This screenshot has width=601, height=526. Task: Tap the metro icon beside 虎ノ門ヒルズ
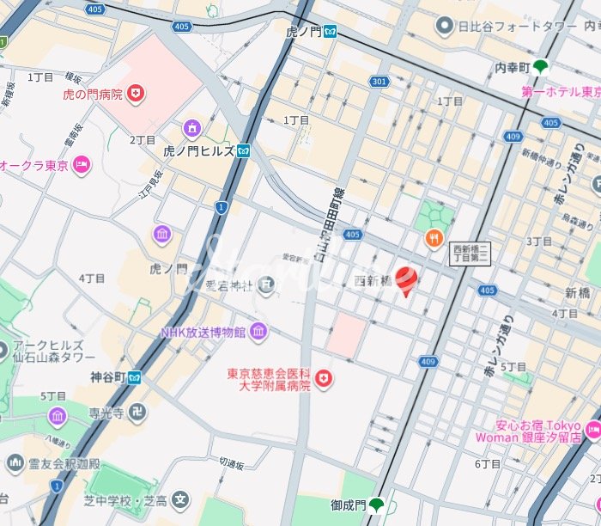[245, 151]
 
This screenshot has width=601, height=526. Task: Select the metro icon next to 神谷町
[135, 376]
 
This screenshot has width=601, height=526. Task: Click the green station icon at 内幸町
[540, 66]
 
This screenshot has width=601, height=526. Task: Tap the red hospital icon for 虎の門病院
[135, 94]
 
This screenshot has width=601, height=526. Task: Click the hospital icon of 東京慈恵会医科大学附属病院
[324, 378]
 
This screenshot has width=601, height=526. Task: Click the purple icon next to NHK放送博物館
[258, 332]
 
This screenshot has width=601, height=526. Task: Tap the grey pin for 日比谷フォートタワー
[445, 27]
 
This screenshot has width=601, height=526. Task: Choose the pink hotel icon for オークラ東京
[82, 164]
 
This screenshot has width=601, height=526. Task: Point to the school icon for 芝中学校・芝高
[180, 498]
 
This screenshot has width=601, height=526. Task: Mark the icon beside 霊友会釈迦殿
[15, 463]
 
